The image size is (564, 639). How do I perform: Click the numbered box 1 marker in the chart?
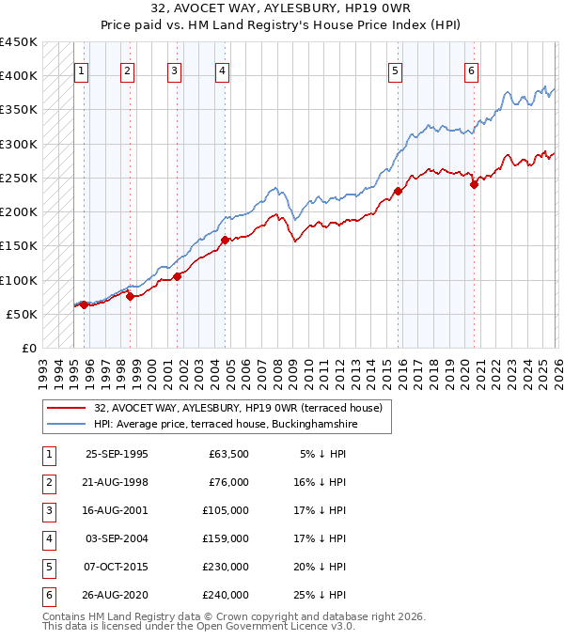[x=81, y=70]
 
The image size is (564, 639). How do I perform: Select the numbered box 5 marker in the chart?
[x=395, y=70]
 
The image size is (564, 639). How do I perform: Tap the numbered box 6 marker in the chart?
[x=471, y=70]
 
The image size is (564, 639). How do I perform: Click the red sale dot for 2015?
[x=398, y=192]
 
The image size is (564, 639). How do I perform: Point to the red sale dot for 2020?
[x=474, y=185]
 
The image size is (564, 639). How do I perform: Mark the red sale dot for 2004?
[x=225, y=240]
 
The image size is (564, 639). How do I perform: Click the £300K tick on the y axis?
[x=19, y=144]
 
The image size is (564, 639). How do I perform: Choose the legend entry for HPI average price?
[x=226, y=425]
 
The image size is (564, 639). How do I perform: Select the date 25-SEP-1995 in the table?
[x=117, y=454]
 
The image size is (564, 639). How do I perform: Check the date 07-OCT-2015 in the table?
[x=117, y=567]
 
